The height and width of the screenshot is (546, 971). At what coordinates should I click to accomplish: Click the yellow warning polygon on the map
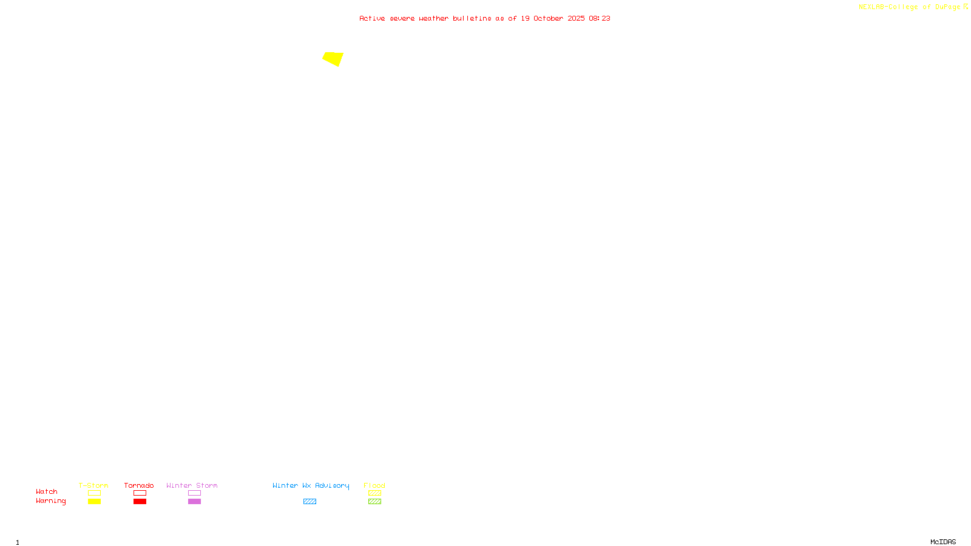333,58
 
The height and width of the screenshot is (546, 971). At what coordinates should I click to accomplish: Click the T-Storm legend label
93,485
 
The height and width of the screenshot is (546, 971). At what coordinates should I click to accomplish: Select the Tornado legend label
139,485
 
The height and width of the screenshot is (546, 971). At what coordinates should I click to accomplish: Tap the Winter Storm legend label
192,485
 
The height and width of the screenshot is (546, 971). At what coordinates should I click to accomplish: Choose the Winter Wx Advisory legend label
311,485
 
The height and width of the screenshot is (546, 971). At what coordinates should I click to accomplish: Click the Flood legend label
374,485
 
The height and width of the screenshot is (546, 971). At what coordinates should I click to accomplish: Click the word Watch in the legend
47,491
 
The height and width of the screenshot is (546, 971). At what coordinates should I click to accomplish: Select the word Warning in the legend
50,501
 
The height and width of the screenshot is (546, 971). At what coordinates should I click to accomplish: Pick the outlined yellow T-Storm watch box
94,493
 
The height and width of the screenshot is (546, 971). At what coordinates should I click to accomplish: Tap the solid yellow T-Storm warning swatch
94,502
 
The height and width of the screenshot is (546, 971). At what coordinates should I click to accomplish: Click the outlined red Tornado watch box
140,493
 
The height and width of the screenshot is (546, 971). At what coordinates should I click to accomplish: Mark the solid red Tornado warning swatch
140,502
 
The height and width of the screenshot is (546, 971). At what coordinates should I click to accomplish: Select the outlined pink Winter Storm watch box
194,493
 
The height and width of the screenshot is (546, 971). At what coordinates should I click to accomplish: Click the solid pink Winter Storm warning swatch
194,502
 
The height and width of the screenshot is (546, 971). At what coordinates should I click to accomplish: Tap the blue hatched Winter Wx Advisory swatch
310,502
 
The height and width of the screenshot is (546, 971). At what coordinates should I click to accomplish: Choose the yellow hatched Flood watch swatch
374,493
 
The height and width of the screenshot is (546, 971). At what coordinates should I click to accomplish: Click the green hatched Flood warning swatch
374,502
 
